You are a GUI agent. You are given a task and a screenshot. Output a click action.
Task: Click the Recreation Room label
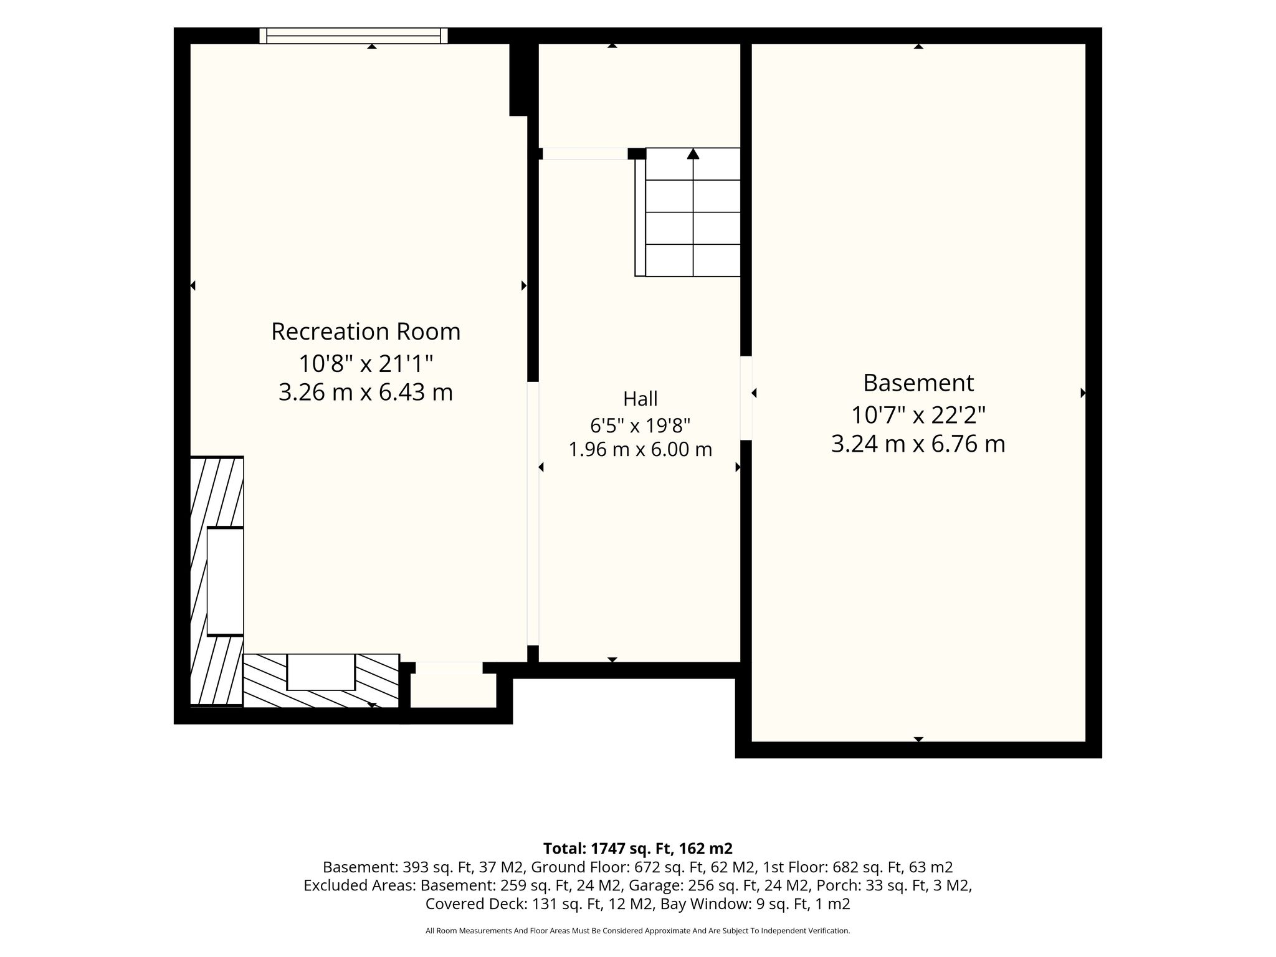(x=366, y=331)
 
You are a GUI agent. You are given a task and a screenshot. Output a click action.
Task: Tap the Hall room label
(x=640, y=398)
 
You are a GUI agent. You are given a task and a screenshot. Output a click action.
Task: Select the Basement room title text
(x=918, y=383)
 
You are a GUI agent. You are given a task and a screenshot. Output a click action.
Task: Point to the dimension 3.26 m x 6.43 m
(x=366, y=393)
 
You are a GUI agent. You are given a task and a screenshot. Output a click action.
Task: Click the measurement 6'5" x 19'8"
(x=640, y=426)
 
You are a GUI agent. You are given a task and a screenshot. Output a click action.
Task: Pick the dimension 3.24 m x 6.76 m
(x=918, y=444)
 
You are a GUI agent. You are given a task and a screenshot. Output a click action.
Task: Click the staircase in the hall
(x=688, y=212)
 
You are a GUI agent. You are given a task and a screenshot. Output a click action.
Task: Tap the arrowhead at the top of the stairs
(x=693, y=153)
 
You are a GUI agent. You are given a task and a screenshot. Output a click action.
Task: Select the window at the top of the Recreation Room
(x=353, y=36)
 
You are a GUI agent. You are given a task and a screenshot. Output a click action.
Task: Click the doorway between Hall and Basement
(x=746, y=398)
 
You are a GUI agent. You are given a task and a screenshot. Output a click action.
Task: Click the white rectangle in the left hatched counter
(x=225, y=581)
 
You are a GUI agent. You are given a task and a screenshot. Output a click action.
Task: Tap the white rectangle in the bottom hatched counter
(x=321, y=672)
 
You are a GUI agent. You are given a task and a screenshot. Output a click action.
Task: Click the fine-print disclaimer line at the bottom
(x=637, y=931)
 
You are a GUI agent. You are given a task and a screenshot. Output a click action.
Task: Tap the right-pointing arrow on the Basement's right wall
(x=1083, y=393)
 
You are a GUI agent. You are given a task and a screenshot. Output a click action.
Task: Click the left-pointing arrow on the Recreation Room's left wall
(x=193, y=285)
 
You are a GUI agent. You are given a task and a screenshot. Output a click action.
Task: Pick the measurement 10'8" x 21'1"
(x=366, y=363)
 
